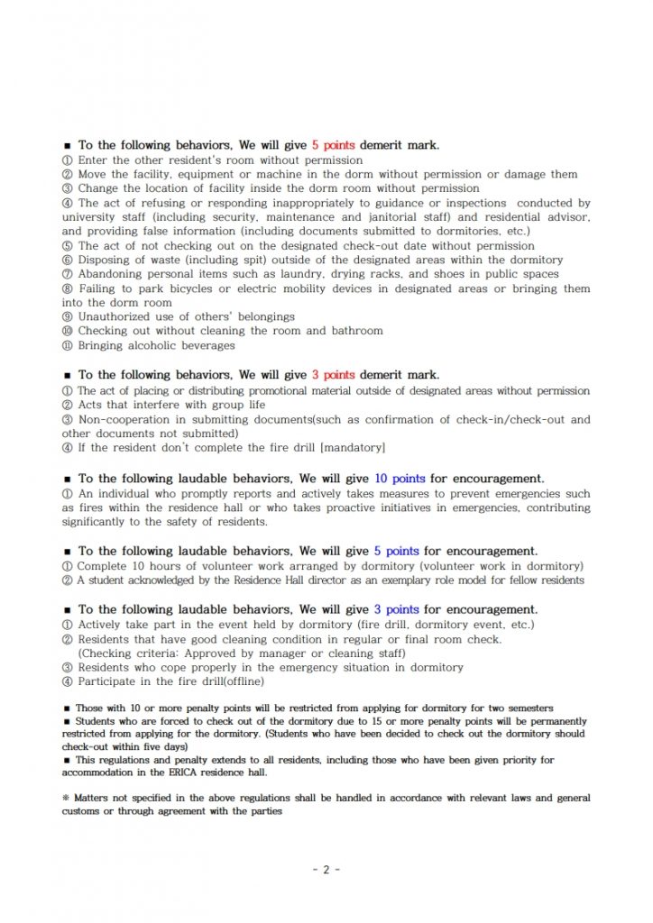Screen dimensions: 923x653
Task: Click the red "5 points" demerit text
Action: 334,145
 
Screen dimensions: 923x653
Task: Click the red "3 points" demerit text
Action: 334,375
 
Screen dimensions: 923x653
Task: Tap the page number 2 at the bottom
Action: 326,870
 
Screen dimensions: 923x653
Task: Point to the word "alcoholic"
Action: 152,345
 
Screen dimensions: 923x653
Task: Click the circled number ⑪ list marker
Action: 67,345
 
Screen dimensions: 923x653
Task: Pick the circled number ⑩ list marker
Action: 67,331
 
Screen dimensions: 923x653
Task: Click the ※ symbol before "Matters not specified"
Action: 66,799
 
